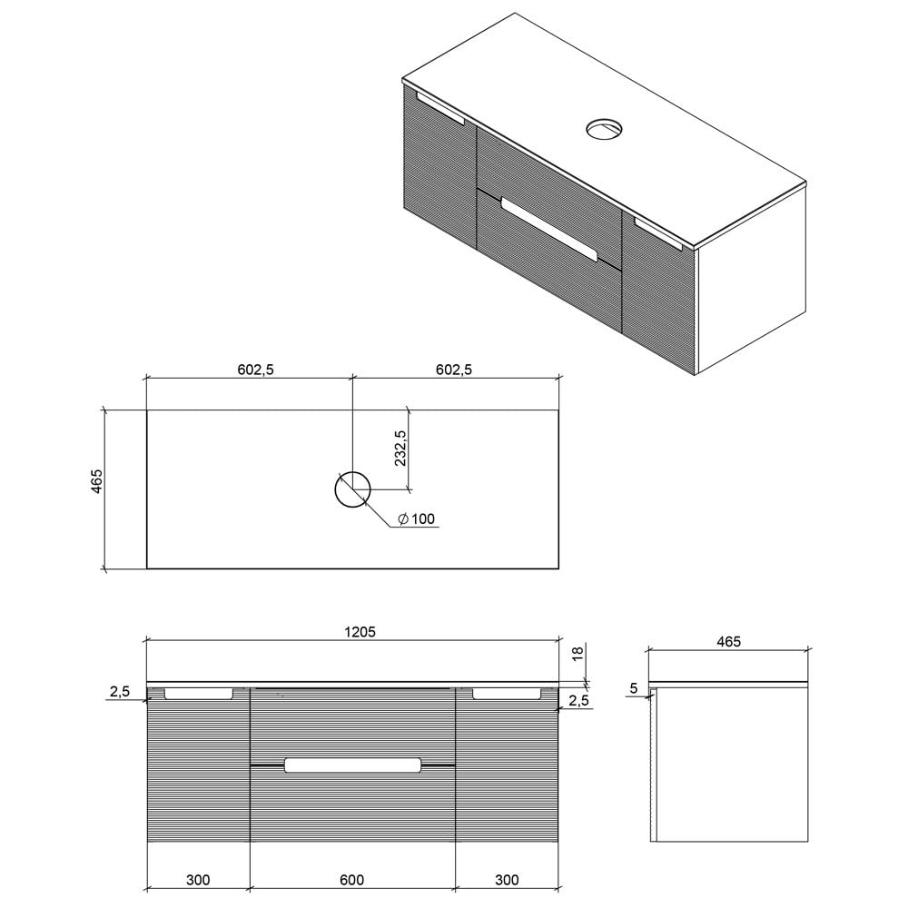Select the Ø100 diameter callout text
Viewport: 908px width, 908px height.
417,519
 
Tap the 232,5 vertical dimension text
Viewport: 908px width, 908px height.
400,449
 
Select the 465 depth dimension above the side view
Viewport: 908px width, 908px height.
728,641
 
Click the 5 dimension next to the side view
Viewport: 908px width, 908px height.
633,689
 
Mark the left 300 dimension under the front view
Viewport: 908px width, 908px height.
198,879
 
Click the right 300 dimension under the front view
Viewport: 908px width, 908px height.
508,879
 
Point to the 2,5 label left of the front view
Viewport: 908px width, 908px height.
119,692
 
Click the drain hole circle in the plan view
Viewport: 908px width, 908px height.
352,490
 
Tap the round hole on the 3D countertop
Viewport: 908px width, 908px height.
603,129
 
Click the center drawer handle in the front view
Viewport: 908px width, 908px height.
352,765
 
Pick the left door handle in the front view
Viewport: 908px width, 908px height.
198,694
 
